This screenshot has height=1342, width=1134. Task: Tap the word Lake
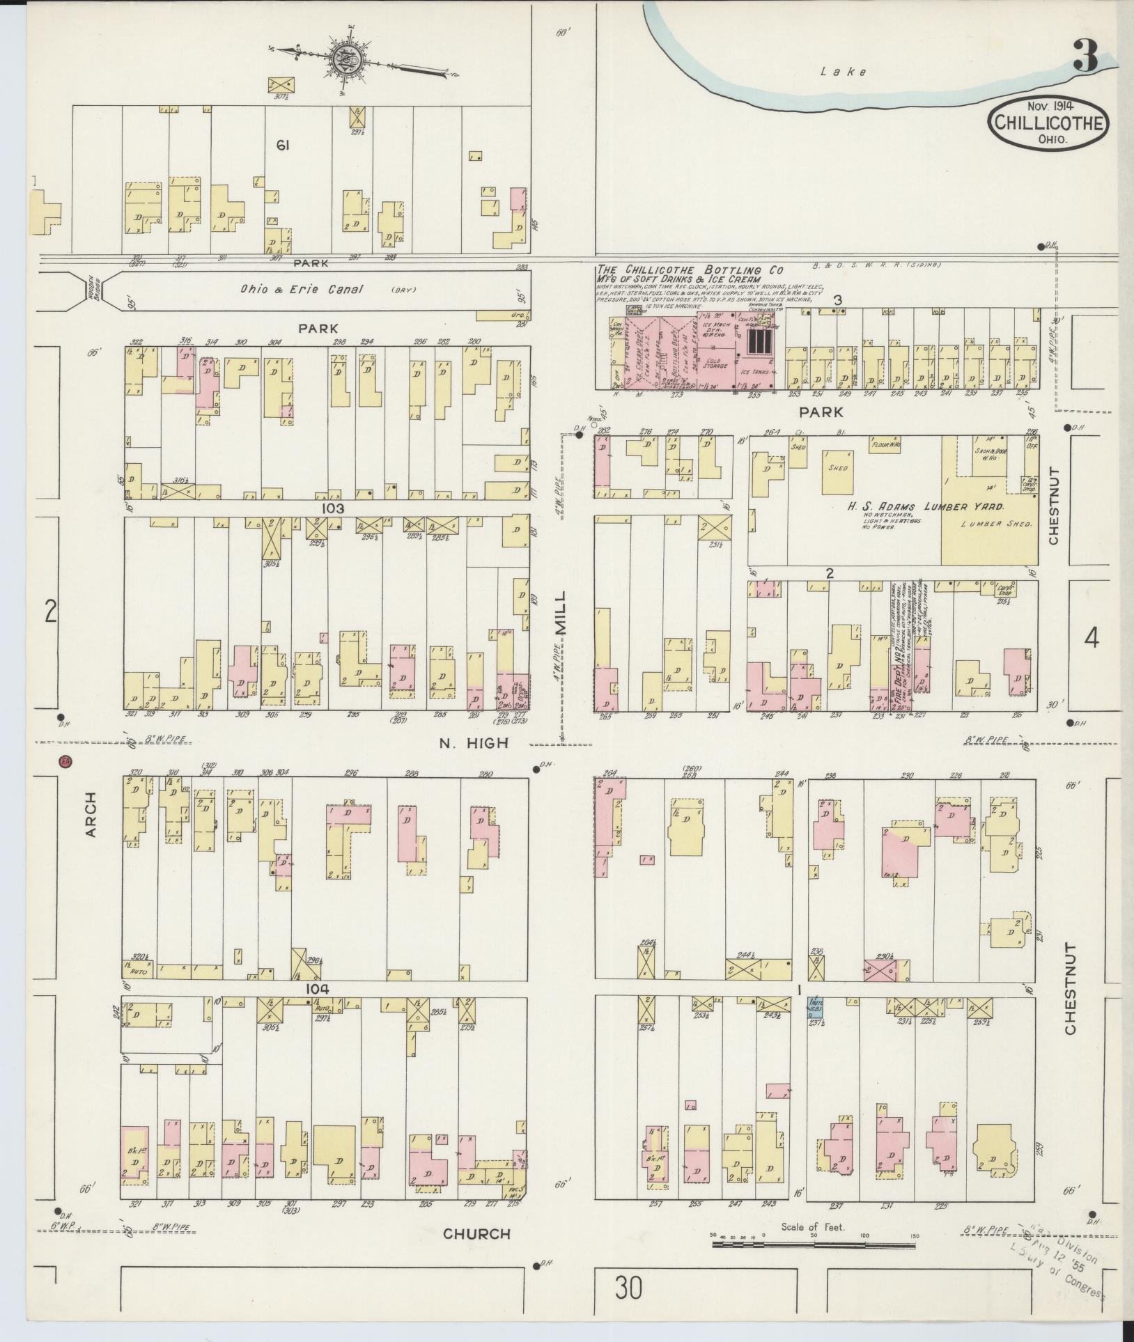[844, 71]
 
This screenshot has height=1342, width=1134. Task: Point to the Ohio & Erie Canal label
[302, 289]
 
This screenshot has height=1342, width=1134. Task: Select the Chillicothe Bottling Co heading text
[690, 270]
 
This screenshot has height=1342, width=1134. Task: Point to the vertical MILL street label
[561, 612]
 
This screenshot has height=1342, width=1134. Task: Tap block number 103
[332, 509]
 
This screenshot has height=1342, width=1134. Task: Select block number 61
[282, 146]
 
